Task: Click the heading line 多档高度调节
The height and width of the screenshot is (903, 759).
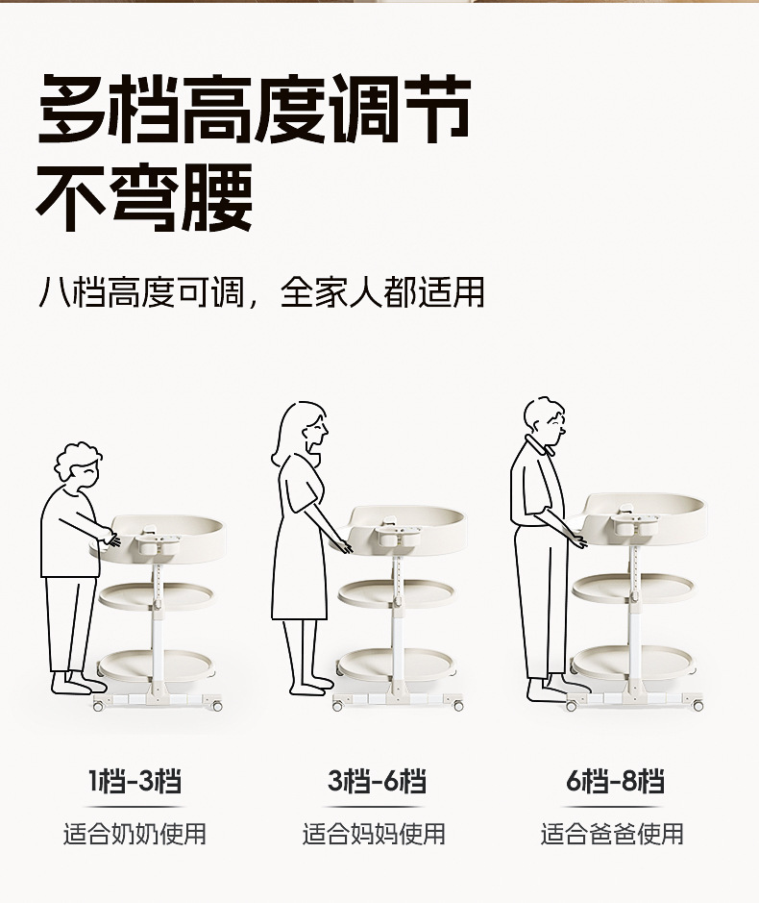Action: click(x=254, y=109)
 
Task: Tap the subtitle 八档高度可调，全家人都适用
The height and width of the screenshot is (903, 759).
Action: click(x=261, y=292)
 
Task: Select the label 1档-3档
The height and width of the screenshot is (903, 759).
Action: click(x=135, y=782)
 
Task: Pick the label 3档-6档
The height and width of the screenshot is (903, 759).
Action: click(x=377, y=782)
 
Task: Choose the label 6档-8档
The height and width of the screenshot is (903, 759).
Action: click(x=615, y=782)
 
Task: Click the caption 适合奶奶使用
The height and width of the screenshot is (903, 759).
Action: click(x=135, y=834)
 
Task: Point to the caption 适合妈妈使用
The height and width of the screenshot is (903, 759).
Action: click(x=374, y=834)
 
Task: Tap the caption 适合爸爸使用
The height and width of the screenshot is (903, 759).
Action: click(x=612, y=834)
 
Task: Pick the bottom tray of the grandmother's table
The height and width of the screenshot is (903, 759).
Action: click(x=156, y=664)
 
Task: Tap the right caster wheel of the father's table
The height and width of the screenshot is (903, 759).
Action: click(x=698, y=705)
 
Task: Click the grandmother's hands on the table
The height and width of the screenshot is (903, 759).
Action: click(x=112, y=538)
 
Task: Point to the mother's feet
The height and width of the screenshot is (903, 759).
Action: click(x=309, y=686)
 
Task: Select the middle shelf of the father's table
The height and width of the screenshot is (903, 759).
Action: click(x=633, y=588)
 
